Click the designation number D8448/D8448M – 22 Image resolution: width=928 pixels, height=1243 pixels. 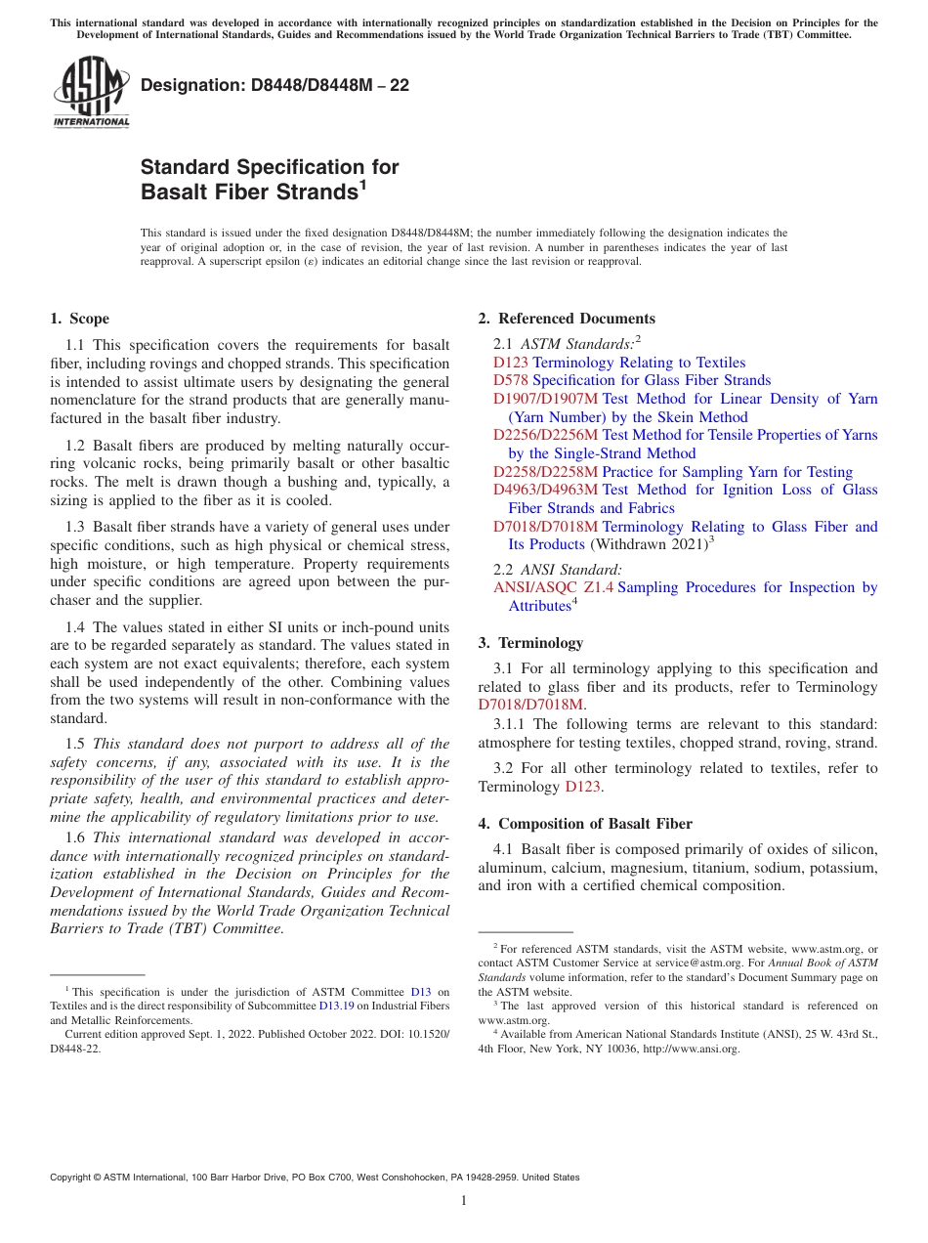tap(274, 85)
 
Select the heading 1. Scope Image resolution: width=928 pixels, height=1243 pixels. tap(79, 319)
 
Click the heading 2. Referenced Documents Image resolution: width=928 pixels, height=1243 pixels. tap(567, 319)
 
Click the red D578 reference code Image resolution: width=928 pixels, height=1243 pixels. tap(511, 380)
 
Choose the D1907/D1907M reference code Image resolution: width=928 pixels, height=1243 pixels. tap(545, 399)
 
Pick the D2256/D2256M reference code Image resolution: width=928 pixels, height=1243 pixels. tap(545, 435)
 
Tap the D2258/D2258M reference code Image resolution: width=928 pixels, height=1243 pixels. tap(545, 472)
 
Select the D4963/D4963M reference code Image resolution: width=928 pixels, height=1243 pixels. tap(545, 490)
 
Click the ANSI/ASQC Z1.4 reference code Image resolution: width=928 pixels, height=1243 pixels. tap(553, 587)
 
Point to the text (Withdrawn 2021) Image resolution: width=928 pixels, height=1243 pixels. tap(649, 545)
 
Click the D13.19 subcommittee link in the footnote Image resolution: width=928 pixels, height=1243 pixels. tap(335, 1005)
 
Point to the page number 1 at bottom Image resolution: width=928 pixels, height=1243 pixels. tap(464, 1200)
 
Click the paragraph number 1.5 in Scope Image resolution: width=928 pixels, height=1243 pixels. tap(75, 744)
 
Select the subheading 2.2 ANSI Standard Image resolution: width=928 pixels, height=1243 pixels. tap(558, 569)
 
